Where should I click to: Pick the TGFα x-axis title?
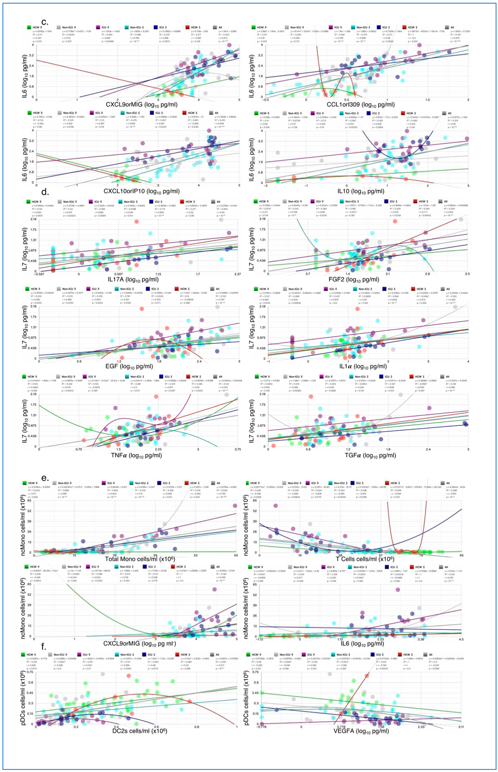tap(366, 455)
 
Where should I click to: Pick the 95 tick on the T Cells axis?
tap(461, 555)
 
